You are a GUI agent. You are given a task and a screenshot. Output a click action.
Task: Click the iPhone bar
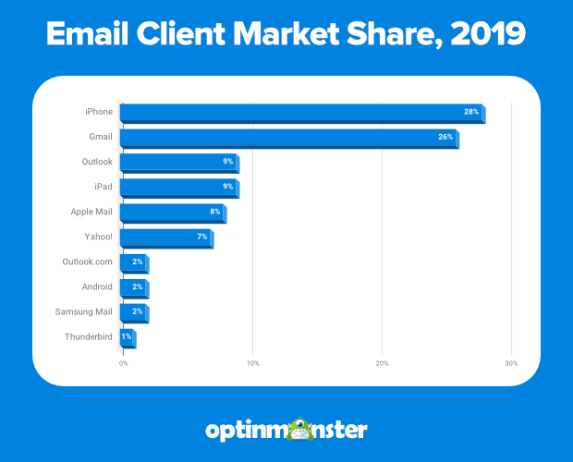[301, 113]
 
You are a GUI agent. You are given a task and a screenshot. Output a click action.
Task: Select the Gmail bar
[288, 138]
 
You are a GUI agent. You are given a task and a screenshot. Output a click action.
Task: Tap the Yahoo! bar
[166, 237]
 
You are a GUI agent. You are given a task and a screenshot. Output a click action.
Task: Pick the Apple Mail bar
[173, 213]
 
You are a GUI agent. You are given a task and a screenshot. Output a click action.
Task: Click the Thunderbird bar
[128, 337]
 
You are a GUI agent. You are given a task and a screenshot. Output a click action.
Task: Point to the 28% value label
[471, 112]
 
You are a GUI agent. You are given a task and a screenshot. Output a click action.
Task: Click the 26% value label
[445, 137]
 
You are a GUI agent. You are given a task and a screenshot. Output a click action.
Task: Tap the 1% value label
[127, 336]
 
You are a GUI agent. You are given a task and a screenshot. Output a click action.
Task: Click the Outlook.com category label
[87, 261]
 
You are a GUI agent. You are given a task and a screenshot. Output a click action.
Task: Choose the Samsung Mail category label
[84, 311]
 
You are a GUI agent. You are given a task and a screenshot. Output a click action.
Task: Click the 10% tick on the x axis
[252, 362]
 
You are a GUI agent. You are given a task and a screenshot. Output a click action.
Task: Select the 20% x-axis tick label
[382, 362]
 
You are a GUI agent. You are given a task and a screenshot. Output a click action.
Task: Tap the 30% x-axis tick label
[511, 362]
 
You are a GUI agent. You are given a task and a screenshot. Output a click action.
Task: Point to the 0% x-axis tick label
[123, 362]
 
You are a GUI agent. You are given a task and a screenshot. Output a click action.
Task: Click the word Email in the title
[86, 36]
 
